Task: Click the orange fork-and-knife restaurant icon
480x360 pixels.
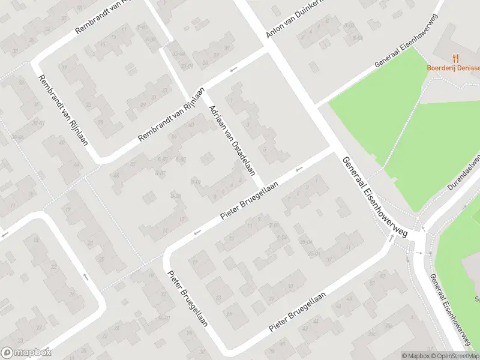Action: (456, 58)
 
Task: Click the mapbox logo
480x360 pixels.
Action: (26, 353)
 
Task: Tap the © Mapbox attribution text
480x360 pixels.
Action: (416, 355)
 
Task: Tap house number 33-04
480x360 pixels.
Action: (178, 53)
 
